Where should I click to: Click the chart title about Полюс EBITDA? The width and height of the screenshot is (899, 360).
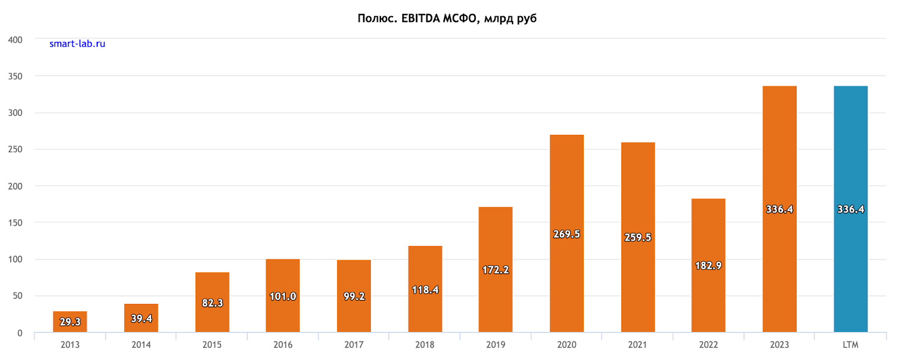tap(447, 19)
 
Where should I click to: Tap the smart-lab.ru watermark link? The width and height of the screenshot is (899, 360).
tap(77, 44)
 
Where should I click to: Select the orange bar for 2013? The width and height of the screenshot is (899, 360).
tap(70, 322)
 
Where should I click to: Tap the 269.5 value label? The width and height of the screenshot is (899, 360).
tap(566, 234)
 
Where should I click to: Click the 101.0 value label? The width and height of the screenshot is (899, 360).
tap(283, 297)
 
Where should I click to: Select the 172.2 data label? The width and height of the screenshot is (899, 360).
tap(496, 270)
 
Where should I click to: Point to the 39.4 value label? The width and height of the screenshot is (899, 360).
tap(141, 318)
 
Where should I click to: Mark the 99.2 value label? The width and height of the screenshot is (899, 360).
tap(354, 297)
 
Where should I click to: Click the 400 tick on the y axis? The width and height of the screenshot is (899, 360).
tap(15, 40)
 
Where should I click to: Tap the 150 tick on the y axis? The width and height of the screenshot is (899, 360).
tap(15, 222)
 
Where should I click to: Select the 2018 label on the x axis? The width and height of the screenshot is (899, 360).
tap(425, 345)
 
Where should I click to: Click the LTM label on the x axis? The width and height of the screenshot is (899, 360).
tap(851, 345)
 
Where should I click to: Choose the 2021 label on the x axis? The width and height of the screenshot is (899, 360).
tap(638, 345)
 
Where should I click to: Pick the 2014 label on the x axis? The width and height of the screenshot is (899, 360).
tap(141, 345)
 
